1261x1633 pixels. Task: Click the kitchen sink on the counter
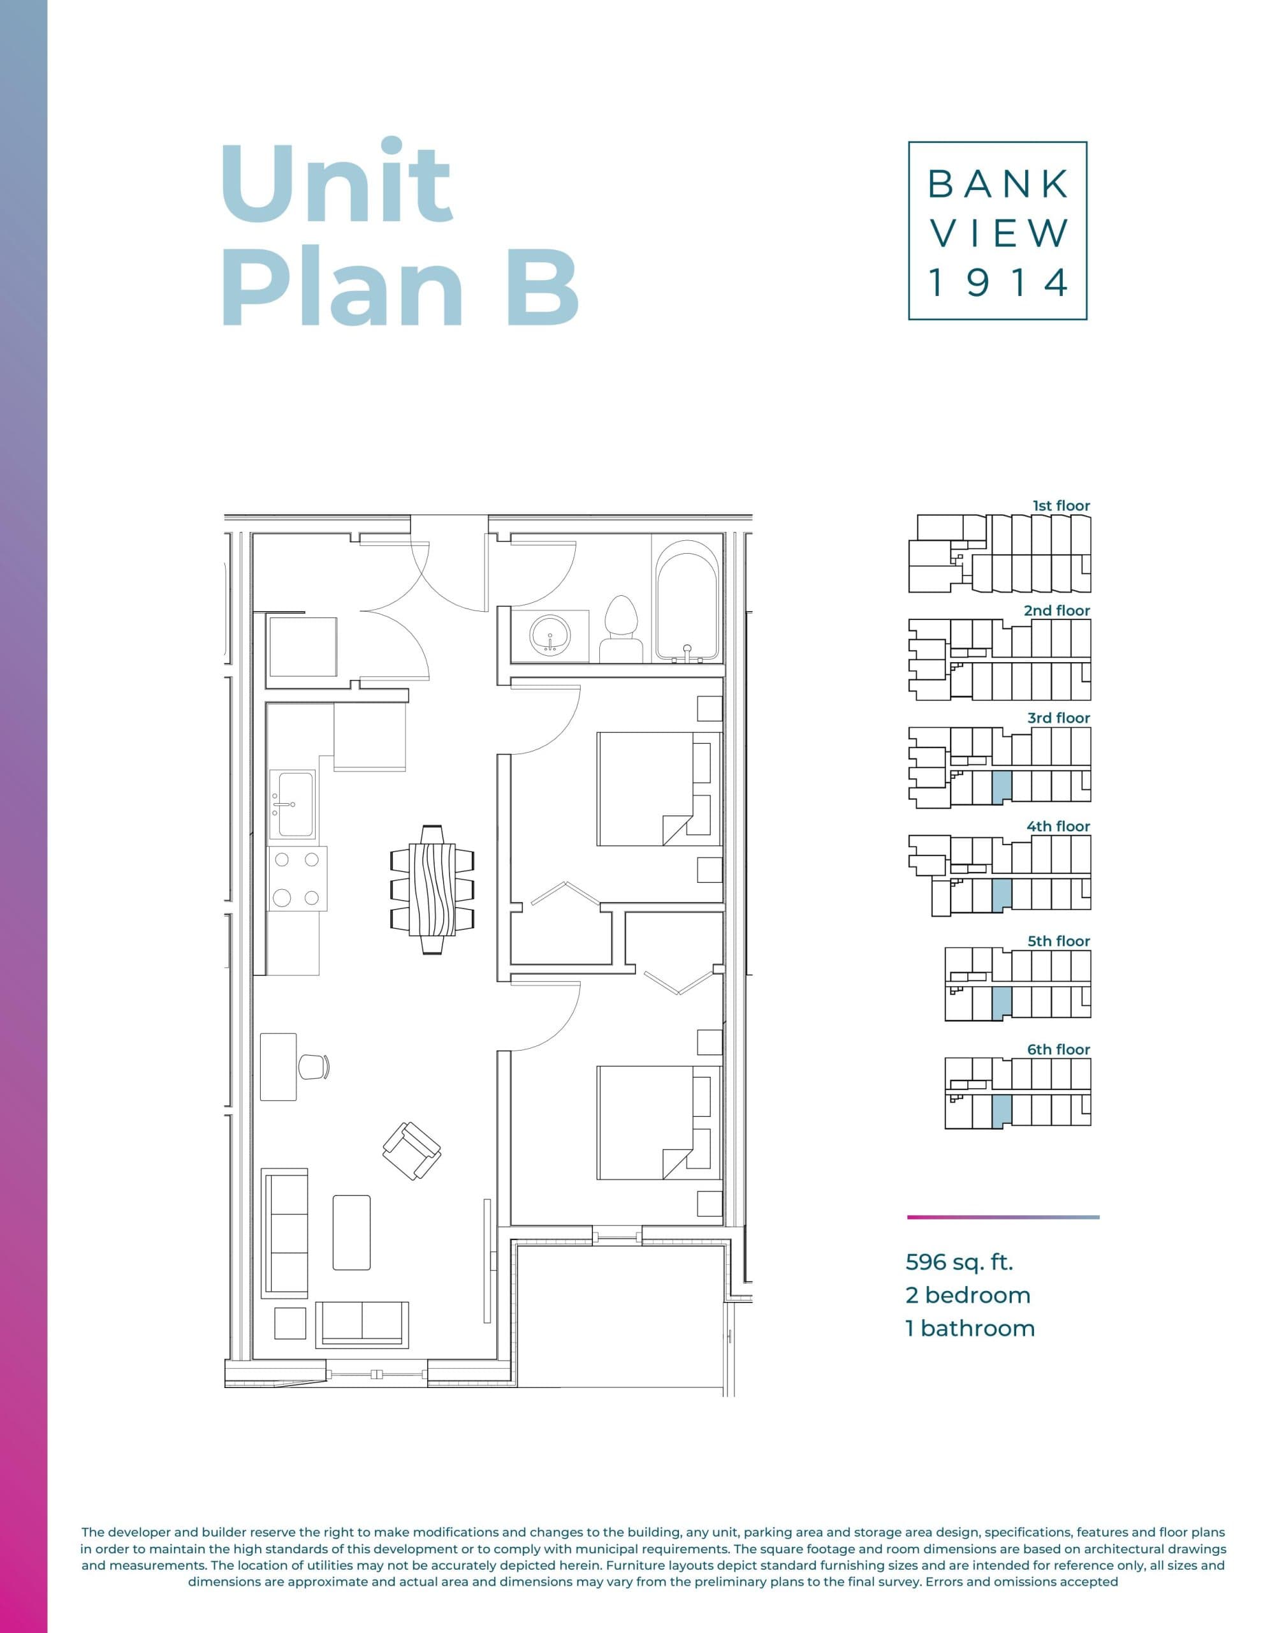click(x=295, y=805)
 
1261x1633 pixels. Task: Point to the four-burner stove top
click(x=296, y=878)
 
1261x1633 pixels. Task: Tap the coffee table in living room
click(x=351, y=1232)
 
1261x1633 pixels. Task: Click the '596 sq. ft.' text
click(x=959, y=1262)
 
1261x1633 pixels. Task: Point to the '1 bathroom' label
click(x=970, y=1328)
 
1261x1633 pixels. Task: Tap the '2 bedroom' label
click(x=967, y=1295)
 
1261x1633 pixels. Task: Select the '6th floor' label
click(x=1058, y=1049)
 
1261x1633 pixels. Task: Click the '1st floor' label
click(x=1061, y=505)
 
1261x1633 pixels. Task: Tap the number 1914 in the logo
click(x=997, y=283)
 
